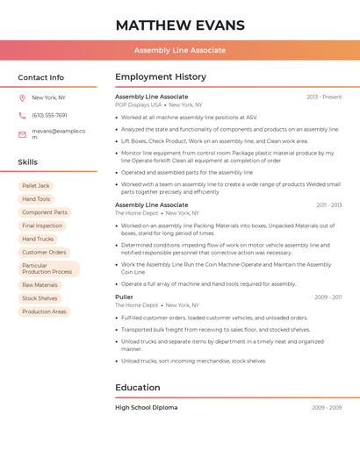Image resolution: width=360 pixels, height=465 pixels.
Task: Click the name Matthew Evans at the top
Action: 180,25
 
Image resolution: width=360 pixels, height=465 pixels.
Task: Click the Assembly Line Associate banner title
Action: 180,50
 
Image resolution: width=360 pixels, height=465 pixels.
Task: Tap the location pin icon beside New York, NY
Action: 22,97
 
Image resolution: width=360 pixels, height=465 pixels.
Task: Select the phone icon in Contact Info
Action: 22,115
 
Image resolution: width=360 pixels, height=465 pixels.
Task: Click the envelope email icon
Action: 22,134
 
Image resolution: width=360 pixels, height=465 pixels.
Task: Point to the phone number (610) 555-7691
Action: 49,115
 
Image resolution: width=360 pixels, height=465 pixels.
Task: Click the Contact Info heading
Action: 41,77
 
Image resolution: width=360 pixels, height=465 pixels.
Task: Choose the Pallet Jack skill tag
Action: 36,186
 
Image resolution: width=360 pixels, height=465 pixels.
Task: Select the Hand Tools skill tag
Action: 36,199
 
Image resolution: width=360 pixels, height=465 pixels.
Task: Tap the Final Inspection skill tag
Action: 42,225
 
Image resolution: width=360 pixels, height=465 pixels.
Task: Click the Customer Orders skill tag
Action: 44,252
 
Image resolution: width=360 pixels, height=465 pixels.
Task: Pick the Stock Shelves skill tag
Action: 40,298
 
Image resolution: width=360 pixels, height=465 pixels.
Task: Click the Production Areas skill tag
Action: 44,311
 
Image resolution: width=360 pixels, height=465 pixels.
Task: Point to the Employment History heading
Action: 161,77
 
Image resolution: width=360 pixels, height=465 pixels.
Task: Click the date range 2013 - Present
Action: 324,97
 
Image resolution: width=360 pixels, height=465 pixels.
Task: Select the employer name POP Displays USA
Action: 138,104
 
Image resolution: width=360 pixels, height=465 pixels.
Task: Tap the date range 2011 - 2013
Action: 328,205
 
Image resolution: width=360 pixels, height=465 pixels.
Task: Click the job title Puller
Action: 124,297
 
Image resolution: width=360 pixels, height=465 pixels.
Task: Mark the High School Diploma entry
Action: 146,407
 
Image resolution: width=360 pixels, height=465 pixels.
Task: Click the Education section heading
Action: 138,387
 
